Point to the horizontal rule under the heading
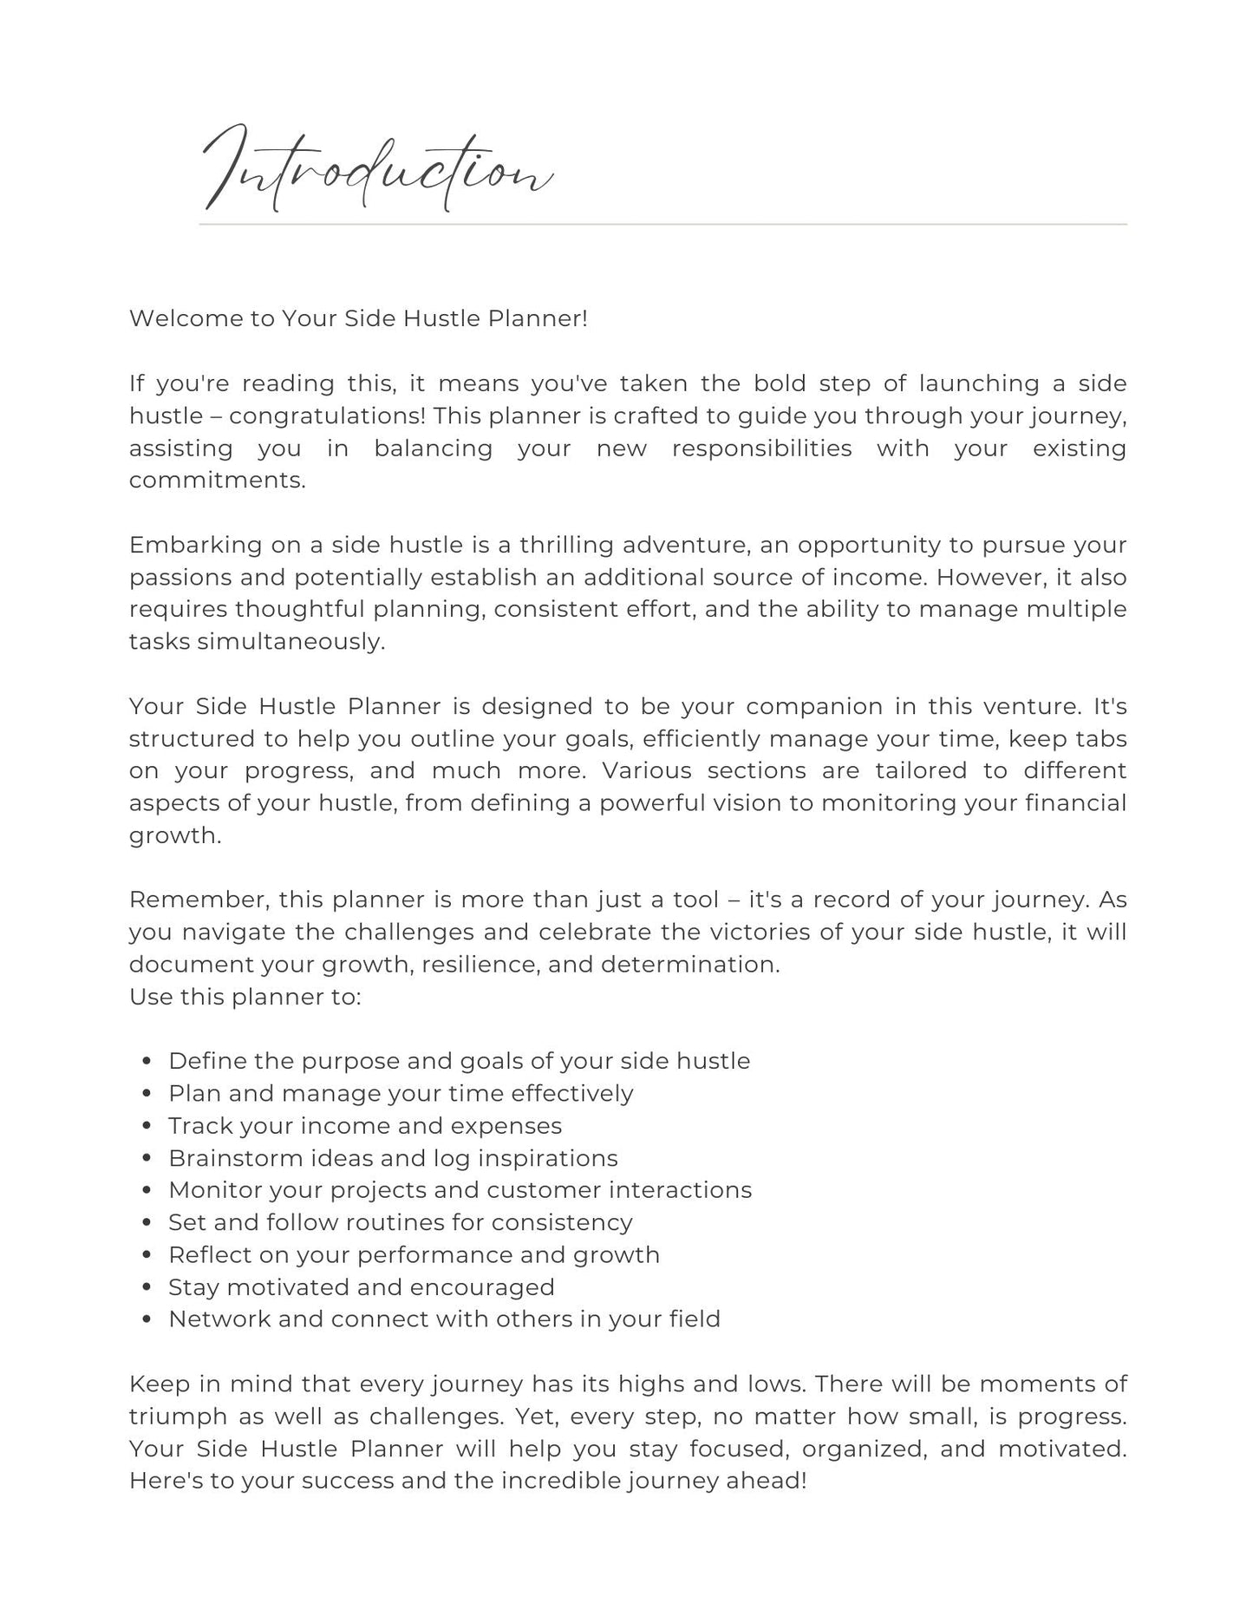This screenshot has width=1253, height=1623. pos(662,225)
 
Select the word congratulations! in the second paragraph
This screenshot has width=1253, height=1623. pos(327,416)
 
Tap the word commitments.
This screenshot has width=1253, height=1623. pos(218,481)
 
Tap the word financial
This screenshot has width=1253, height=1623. pos(1075,803)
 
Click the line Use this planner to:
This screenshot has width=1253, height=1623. pos(245,997)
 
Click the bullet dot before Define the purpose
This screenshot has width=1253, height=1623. pos(147,1062)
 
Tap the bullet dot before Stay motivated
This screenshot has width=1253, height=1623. pos(147,1288)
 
